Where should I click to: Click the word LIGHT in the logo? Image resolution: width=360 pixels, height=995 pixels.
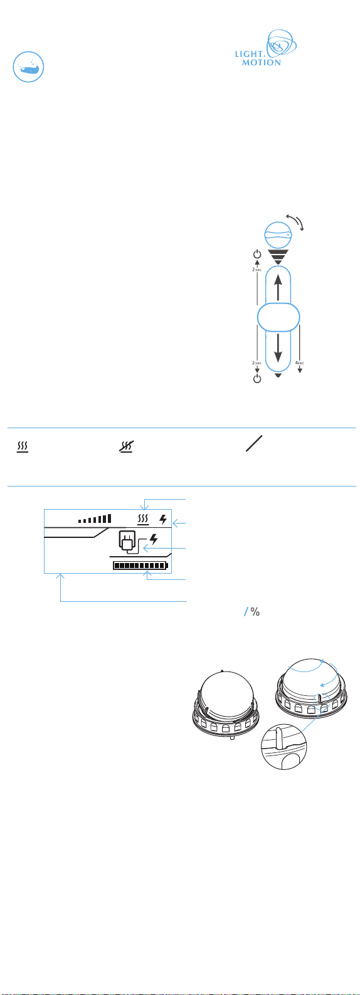click(249, 54)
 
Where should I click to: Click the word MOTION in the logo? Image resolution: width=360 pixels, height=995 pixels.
click(262, 63)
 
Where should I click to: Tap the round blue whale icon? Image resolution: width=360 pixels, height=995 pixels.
click(28, 66)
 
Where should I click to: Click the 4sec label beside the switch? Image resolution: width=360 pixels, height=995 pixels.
click(300, 363)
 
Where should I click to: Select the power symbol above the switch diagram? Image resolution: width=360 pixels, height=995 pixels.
click(257, 255)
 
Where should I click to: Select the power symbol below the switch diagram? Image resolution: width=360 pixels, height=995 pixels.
click(257, 379)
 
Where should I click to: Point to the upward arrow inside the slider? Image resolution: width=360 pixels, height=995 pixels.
click(278, 287)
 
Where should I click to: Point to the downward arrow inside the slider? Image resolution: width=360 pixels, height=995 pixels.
click(278, 347)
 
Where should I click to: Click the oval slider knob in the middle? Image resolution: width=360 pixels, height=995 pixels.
click(278, 317)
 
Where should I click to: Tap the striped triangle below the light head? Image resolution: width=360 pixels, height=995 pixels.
click(278, 257)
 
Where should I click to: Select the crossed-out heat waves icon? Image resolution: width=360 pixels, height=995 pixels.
click(127, 446)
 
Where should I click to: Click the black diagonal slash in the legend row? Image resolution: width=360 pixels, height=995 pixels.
click(254, 444)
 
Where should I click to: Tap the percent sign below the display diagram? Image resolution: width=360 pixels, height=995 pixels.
click(255, 612)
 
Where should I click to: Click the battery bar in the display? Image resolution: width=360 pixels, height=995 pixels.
click(141, 566)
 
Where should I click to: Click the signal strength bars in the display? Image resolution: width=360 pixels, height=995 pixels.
click(95, 519)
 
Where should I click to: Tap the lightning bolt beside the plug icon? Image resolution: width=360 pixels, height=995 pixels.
click(154, 539)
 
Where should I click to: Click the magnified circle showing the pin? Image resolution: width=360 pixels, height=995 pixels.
click(283, 747)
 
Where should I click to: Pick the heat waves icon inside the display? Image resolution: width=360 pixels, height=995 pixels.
click(143, 519)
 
